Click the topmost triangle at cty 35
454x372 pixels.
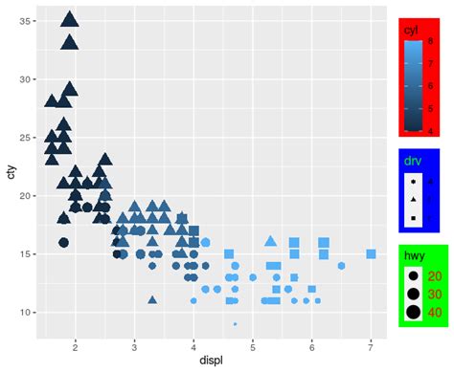69,19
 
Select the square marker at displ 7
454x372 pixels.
371,254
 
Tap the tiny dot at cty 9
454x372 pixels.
235,324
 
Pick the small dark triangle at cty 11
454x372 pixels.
152,299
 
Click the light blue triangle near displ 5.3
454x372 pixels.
270,242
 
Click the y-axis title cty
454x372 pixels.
11,172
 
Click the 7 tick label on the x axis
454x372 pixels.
371,345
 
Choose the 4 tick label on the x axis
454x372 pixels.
193,345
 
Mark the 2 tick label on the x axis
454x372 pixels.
75,345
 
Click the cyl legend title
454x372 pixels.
411,31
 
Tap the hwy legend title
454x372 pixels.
413,256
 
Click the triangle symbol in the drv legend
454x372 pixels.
413,199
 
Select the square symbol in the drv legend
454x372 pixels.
413,219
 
